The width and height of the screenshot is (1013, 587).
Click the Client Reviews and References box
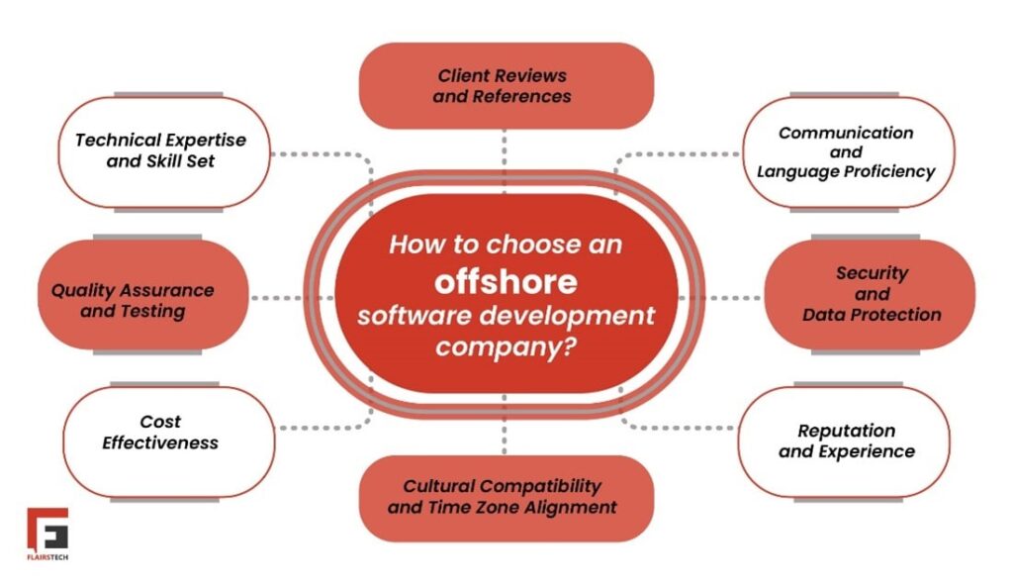pyautogui.click(x=505, y=85)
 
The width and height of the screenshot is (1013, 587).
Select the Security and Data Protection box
pyautogui.click(x=871, y=295)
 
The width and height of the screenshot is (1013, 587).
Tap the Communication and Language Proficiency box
pyautogui.click(x=847, y=151)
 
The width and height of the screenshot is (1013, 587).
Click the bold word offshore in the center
pyautogui.click(x=506, y=281)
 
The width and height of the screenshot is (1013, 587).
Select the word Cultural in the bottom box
pyautogui.click(x=438, y=486)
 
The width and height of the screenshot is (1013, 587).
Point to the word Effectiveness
pyautogui.click(x=160, y=442)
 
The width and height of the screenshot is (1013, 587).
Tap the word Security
pyautogui.click(x=872, y=272)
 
